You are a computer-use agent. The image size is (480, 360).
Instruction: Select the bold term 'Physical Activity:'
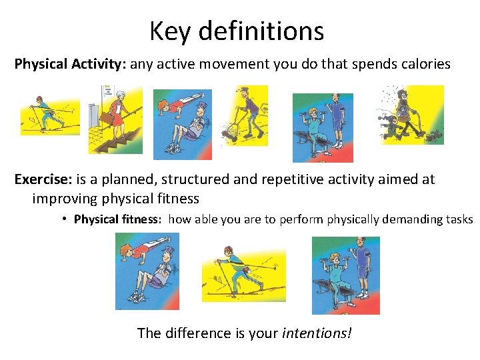pos(70,65)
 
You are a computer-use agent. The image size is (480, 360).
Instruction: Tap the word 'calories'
pos(425,65)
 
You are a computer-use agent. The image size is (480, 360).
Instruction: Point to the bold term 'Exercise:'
pos(44,180)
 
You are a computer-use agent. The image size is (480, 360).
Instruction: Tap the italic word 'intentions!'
pos(317,332)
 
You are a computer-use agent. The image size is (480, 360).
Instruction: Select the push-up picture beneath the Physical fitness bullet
pos(147,271)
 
